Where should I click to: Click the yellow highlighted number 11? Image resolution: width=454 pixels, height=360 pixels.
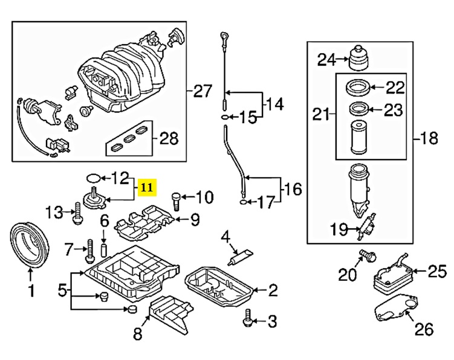click(147, 187)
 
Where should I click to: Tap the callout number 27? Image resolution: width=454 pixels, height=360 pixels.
click(203, 91)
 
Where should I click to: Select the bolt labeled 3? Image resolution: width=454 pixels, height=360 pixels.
click(247, 318)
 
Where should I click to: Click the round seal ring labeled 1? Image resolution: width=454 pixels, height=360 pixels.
click(29, 243)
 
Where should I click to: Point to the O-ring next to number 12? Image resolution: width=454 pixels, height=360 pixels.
click(93, 178)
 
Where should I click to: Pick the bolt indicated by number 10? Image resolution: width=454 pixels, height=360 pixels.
click(176, 202)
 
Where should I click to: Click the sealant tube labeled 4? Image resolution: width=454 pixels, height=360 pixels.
click(241, 256)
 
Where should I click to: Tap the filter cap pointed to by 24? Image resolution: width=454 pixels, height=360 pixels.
click(358, 58)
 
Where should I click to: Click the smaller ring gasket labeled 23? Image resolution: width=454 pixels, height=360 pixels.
click(359, 109)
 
